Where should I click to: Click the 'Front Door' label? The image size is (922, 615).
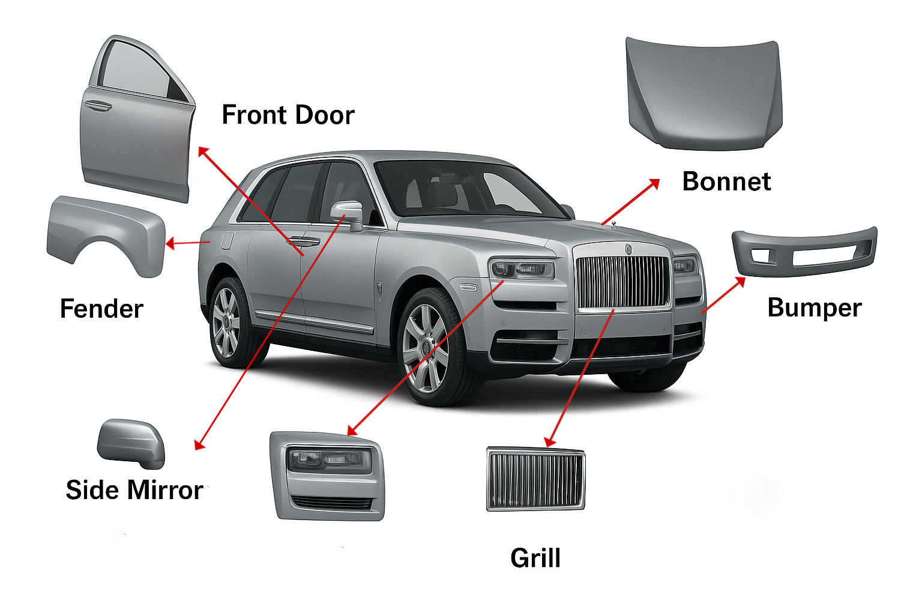tap(288, 115)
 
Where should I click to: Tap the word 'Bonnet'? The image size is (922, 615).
tap(726, 181)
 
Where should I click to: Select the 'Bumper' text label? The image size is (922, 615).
tap(814, 307)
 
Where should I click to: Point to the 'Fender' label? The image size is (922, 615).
tap(101, 309)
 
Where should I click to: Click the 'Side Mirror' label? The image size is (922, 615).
tap(134, 490)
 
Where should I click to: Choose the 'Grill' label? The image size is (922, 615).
tap(535, 558)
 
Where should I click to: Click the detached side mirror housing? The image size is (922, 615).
tap(130, 443)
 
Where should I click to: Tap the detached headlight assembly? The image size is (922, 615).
tap(327, 474)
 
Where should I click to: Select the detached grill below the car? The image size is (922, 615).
tap(535, 479)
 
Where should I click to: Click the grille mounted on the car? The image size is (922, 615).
tap(622, 281)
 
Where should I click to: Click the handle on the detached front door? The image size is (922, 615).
tap(98, 106)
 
